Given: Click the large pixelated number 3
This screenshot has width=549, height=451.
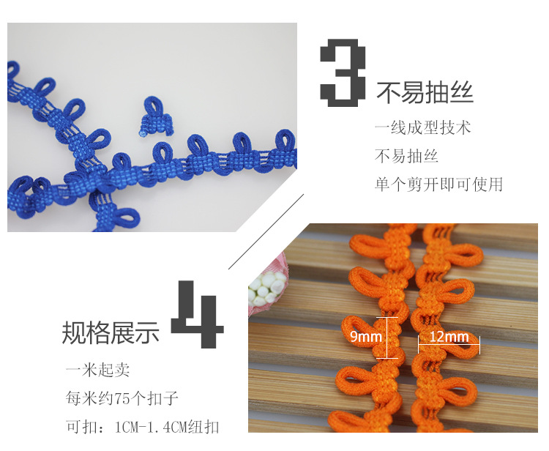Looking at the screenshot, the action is tap(343, 72).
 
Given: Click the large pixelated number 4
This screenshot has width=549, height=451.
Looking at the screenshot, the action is tap(198, 314).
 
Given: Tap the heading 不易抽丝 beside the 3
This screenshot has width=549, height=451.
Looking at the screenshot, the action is tap(425, 93).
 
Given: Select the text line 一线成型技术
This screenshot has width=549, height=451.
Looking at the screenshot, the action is tap(422, 127).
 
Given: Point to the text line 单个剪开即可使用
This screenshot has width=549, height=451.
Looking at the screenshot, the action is tap(438, 184).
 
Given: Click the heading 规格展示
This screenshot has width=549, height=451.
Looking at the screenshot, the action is tap(111, 332).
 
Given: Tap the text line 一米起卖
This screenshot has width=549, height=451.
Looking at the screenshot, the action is tap(97, 370).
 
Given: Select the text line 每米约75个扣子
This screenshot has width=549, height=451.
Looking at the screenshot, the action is tap(122, 398).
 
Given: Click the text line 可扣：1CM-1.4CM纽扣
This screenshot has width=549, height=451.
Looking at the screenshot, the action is tap(143, 427).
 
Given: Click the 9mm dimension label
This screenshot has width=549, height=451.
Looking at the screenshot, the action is tap(366, 337).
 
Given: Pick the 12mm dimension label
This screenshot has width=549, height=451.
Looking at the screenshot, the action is tap(449, 337).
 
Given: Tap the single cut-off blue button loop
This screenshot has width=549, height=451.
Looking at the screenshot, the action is tap(155, 116).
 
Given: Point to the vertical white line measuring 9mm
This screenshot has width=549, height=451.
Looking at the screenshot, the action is tap(387, 338).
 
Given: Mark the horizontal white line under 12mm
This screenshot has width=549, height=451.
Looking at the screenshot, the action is tap(449, 345).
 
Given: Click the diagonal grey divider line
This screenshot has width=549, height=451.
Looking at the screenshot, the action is tap(266, 232).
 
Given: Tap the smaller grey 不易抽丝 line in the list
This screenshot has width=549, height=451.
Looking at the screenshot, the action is tap(406, 156).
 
